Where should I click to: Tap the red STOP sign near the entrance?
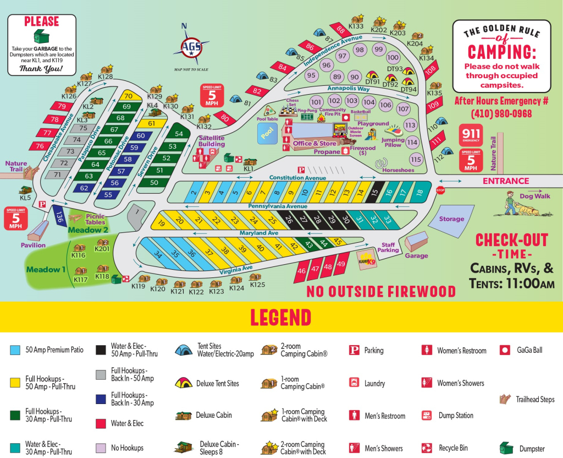pyautogui.click(x=440, y=190)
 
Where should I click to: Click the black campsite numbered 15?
pyautogui.click(x=374, y=192)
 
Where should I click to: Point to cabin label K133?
pyautogui.click(x=356, y=26)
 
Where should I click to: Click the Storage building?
pyautogui.click(x=451, y=219)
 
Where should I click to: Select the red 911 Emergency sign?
pyautogui.click(x=471, y=134)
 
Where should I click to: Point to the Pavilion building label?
pyautogui.click(x=34, y=245)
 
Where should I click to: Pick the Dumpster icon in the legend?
pyautogui.click(x=506, y=448)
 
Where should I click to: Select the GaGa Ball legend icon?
pyautogui.click(x=504, y=350)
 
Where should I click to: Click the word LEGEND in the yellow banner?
pyautogui.click(x=280, y=317)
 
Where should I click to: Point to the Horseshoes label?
pyautogui.click(x=398, y=170)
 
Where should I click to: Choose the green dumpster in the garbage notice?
pyautogui.click(x=41, y=37)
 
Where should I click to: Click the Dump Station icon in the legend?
pyautogui.click(x=426, y=416)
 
